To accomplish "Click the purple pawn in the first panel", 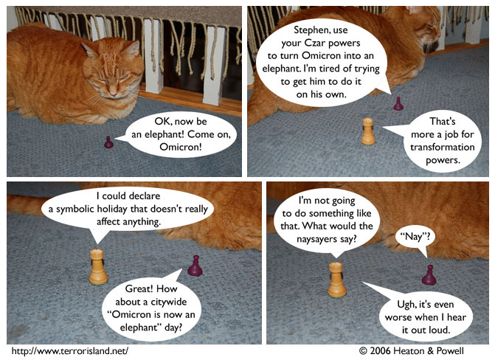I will point(108,142).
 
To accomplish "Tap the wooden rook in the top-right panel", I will point(367,131).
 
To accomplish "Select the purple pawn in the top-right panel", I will point(398,104).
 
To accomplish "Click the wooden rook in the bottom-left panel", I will point(98,267).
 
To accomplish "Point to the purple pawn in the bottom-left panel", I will point(195,266).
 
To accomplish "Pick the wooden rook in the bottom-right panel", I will point(336,279).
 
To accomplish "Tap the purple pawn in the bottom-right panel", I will point(429,275).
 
